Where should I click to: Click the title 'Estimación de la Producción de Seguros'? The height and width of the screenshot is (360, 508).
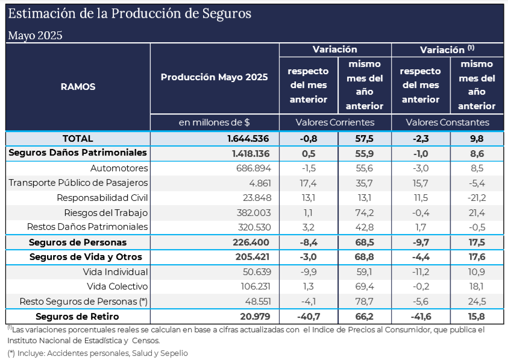click(x=130, y=13)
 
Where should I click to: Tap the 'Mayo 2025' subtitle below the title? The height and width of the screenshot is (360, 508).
click(x=35, y=36)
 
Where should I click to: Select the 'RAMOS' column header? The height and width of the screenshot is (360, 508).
click(x=78, y=86)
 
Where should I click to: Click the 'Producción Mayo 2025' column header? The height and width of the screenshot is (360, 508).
click(x=215, y=77)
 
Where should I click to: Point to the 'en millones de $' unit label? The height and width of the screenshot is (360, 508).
click(x=215, y=122)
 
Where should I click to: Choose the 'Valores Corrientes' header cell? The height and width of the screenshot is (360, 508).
click(x=334, y=122)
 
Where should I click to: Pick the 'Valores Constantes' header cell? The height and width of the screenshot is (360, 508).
click(x=447, y=122)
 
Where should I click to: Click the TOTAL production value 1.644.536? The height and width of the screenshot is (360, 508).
click(x=246, y=139)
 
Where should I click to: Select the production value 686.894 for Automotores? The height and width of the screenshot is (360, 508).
click(x=253, y=168)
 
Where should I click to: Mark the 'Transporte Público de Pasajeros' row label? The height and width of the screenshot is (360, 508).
click(x=78, y=183)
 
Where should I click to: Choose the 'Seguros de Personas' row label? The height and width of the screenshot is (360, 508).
click(x=78, y=242)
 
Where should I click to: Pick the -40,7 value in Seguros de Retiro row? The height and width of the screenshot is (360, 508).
click(x=309, y=317)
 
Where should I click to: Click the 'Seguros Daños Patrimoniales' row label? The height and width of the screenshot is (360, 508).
click(x=78, y=153)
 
